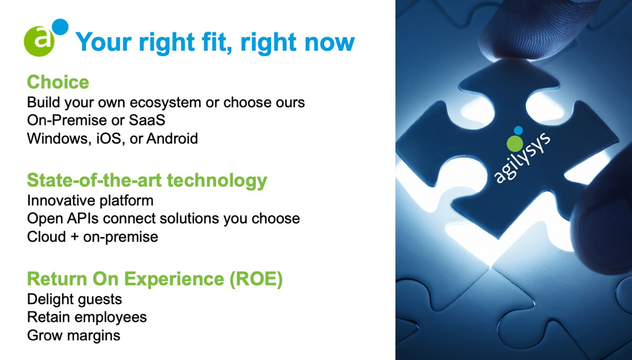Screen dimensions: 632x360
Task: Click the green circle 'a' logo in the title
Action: pos(39,41)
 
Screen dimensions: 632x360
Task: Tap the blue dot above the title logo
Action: pos(60,27)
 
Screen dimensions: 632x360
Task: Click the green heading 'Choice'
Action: pos(58,82)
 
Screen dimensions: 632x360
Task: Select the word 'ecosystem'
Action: pos(165,102)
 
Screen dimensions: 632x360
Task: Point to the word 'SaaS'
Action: pos(147,120)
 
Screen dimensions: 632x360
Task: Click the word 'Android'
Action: pos(172,138)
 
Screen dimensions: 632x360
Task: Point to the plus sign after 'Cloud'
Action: pos(74,237)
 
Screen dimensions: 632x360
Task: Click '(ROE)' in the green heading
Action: pos(256,279)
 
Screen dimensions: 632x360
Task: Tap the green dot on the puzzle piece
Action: pos(515,143)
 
